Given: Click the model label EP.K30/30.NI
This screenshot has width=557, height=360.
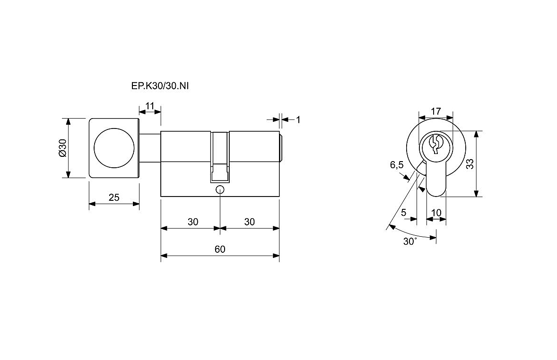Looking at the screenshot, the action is point(160,86).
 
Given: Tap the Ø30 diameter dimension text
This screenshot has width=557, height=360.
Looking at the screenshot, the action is point(62,148).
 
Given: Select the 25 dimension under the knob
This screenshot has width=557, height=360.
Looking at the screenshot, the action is point(114,197).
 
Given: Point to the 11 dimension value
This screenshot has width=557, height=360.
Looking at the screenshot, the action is point(149,106).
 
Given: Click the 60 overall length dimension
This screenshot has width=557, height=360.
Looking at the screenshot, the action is point(220,249).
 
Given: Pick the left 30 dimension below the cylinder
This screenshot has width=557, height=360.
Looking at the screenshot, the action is point(193,222).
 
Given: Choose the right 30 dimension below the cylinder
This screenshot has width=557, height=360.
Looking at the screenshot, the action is point(250,222).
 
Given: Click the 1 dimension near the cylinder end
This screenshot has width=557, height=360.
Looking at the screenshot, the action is point(298,120).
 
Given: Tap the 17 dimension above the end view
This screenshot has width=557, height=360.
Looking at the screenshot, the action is point(436,111).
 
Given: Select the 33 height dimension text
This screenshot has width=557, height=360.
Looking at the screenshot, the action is point(470,164).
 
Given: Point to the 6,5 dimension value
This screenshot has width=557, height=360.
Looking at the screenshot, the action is point(397,165).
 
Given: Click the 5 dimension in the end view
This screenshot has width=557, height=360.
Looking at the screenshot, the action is point(403,213).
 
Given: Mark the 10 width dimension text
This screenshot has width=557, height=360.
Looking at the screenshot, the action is point(436,213).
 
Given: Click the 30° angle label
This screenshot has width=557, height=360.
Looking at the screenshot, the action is point(410,241).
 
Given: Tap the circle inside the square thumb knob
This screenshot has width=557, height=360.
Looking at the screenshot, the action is point(114,148).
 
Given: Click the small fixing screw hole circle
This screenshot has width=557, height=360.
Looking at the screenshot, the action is point(220,190).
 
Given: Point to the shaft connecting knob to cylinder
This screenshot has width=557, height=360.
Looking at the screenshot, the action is point(150,148).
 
